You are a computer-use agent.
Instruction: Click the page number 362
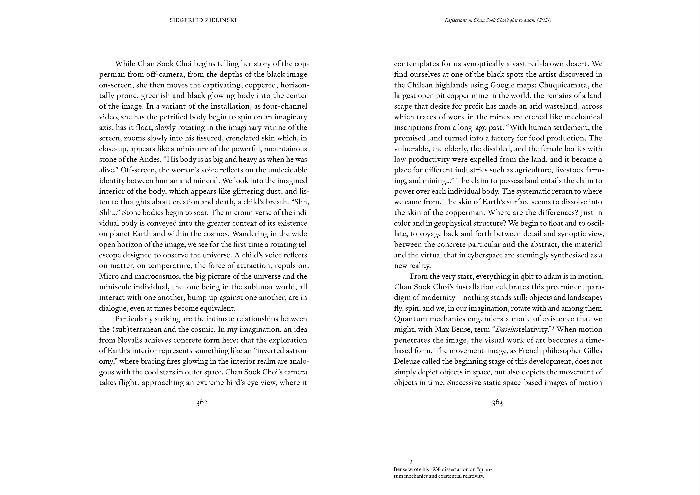click(202, 402)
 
